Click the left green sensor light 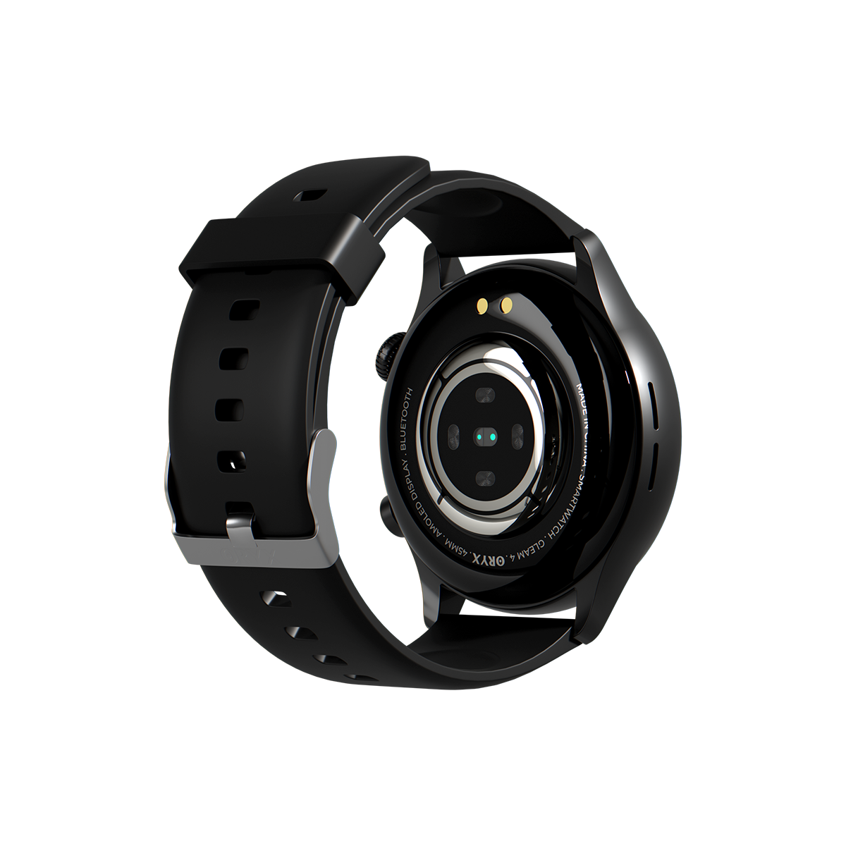[479, 438]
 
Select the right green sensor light [490, 438]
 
